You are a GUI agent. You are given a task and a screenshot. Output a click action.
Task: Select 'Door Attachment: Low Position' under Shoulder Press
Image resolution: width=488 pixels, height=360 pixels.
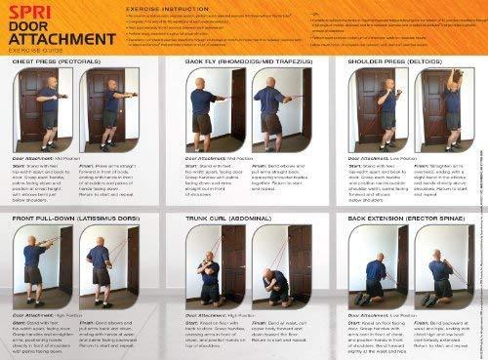(371, 156)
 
